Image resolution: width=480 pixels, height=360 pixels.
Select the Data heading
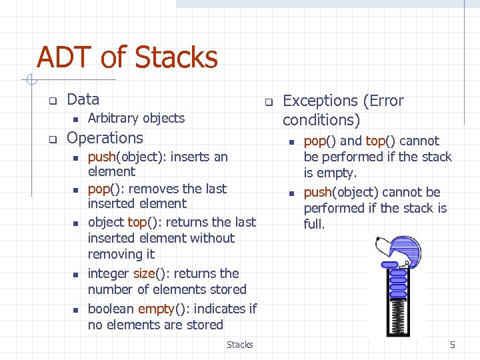83,99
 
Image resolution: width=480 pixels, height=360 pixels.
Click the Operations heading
105,138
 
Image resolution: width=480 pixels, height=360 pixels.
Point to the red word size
143,273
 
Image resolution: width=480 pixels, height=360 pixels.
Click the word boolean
111,309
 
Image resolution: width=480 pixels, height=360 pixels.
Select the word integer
109,273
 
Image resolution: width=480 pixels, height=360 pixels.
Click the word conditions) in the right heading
321,120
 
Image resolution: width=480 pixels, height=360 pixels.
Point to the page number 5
452,345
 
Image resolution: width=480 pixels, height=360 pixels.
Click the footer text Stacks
239,345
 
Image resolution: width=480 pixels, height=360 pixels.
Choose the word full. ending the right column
314,225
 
